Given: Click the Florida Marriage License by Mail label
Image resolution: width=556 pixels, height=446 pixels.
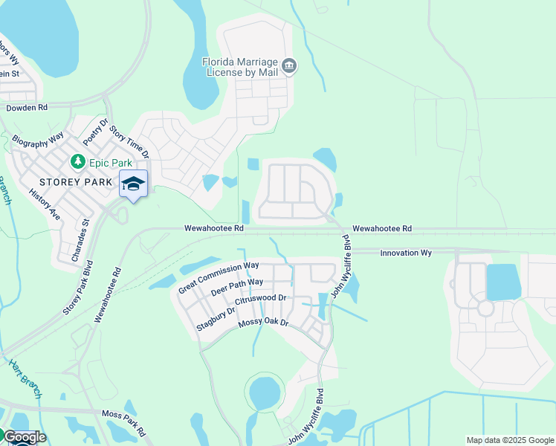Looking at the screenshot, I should [x=241, y=67].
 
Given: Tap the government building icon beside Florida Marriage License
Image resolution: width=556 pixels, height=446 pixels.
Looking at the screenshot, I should [x=290, y=67].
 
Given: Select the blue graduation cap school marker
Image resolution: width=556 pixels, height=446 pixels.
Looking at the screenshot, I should [x=133, y=184].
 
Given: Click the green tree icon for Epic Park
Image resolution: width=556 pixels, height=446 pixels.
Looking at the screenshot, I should [x=77, y=161].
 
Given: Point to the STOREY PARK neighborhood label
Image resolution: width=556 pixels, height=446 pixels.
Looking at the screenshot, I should [x=66, y=181].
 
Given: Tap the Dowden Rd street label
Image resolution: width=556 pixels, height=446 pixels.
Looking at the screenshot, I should [x=27, y=108].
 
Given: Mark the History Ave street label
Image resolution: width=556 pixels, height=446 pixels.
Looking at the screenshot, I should [x=44, y=204].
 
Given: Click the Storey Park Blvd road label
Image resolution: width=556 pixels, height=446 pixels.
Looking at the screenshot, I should [x=77, y=287].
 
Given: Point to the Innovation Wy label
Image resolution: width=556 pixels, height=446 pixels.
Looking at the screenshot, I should [x=406, y=253].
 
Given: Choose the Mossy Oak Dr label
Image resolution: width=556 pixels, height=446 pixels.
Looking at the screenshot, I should [x=262, y=325].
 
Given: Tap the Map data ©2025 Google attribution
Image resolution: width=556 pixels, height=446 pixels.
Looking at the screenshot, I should [x=509, y=440].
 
